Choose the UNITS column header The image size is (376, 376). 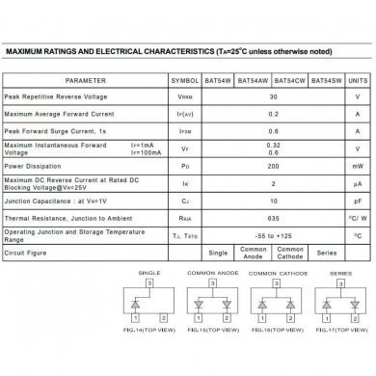pos(357,82)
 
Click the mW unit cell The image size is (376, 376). pos(357,164)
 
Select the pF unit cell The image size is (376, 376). pos(357,201)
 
